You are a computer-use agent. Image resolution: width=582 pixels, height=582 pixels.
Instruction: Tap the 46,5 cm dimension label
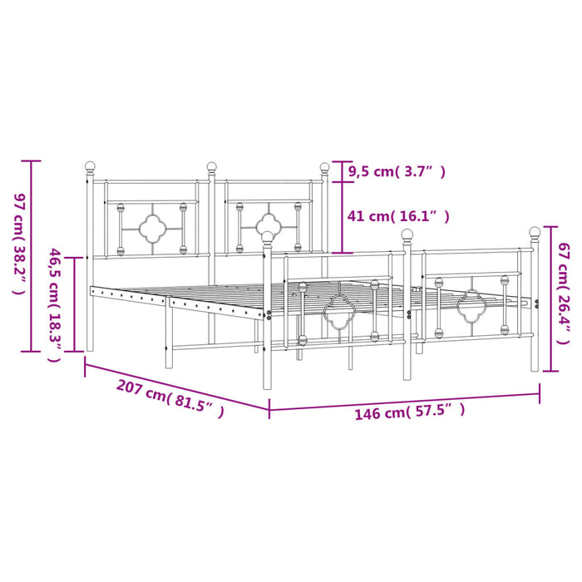pos(54,305)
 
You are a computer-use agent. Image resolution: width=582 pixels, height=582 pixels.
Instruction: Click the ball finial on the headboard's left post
pos(90,166)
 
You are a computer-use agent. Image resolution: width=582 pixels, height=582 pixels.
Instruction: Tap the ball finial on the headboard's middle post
pos(211,166)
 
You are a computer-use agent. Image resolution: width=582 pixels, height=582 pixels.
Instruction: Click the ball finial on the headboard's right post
pos(324,167)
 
